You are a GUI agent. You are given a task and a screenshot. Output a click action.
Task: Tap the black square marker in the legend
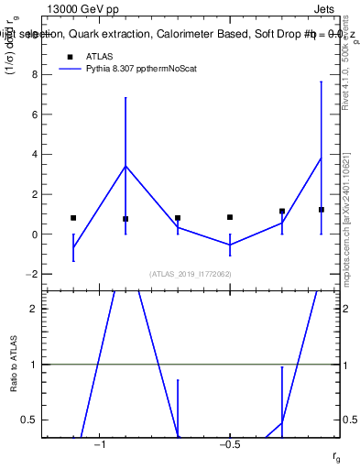click(68, 56)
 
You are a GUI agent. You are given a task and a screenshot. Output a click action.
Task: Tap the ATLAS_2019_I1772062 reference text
click(190, 274)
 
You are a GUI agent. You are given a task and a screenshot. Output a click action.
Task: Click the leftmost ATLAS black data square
click(73, 218)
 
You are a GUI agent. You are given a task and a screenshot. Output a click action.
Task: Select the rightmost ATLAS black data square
click(322, 210)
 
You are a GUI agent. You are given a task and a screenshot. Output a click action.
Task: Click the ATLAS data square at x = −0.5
click(230, 217)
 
